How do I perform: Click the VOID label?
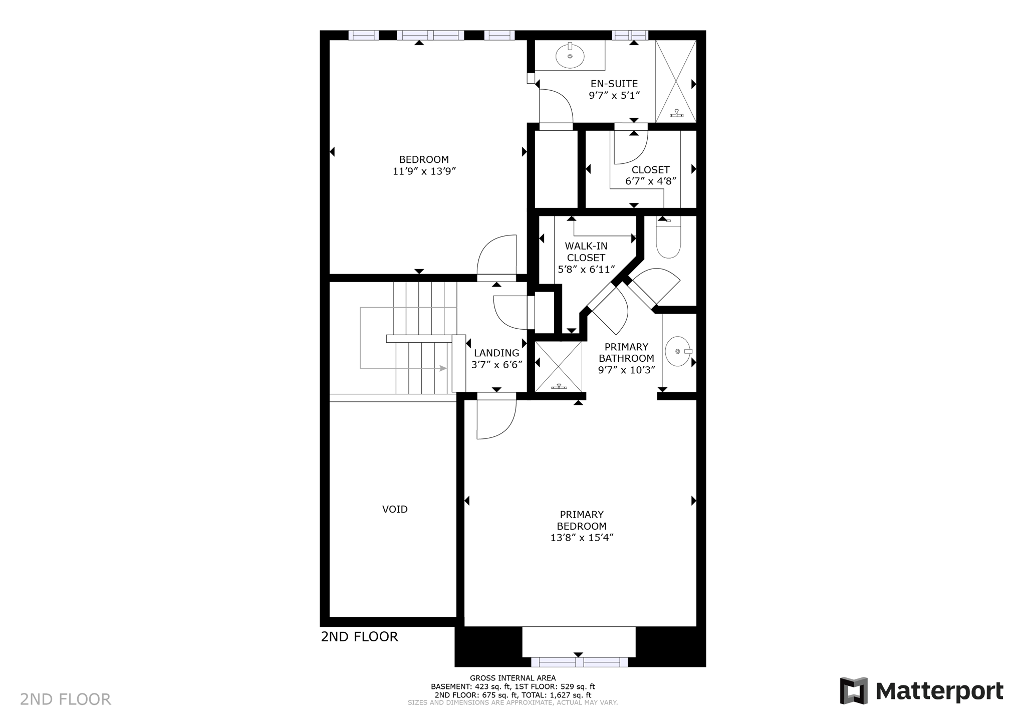(395, 509)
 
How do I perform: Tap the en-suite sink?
(570, 56)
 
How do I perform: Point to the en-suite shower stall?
(676, 81)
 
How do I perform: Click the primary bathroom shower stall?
(558, 366)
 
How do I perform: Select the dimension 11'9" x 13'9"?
(424, 171)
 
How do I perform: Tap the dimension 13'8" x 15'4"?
(582, 538)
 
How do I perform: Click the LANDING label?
(496, 353)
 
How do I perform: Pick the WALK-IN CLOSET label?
(586, 252)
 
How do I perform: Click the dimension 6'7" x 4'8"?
(651, 181)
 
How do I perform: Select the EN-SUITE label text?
(614, 84)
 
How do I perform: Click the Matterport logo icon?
(854, 691)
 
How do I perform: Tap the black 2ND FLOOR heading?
(359, 637)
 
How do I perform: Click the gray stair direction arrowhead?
(443, 368)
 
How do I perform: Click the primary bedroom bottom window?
(579, 662)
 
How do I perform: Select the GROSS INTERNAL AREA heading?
(512, 678)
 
